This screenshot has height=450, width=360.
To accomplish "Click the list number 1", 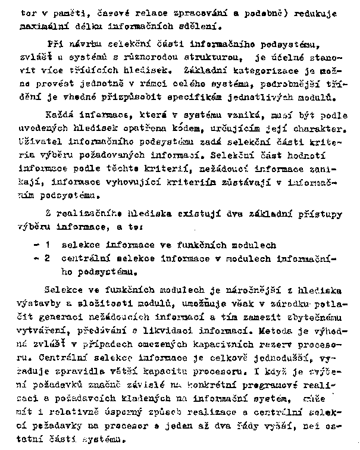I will (47, 245).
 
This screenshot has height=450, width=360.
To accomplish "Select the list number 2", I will (47, 258).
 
